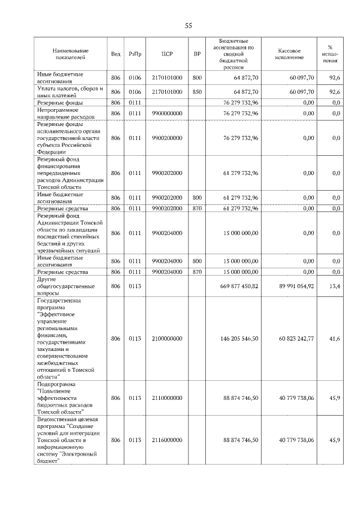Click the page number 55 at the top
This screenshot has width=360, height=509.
pyautogui.click(x=188, y=26)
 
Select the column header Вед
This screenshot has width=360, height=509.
pyautogui.click(x=116, y=54)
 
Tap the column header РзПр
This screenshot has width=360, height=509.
pyautogui.click(x=134, y=54)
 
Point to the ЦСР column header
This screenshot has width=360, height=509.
pyautogui.click(x=166, y=54)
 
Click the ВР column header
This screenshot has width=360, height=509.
pyautogui.click(x=197, y=54)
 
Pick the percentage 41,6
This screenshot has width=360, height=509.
pyautogui.click(x=336, y=339)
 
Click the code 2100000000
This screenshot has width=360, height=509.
pyautogui.click(x=166, y=339)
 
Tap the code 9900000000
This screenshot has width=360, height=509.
pyautogui.click(x=166, y=114)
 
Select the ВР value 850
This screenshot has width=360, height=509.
pyautogui.click(x=197, y=92)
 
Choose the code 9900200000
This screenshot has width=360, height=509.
pyautogui.click(x=166, y=138)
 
